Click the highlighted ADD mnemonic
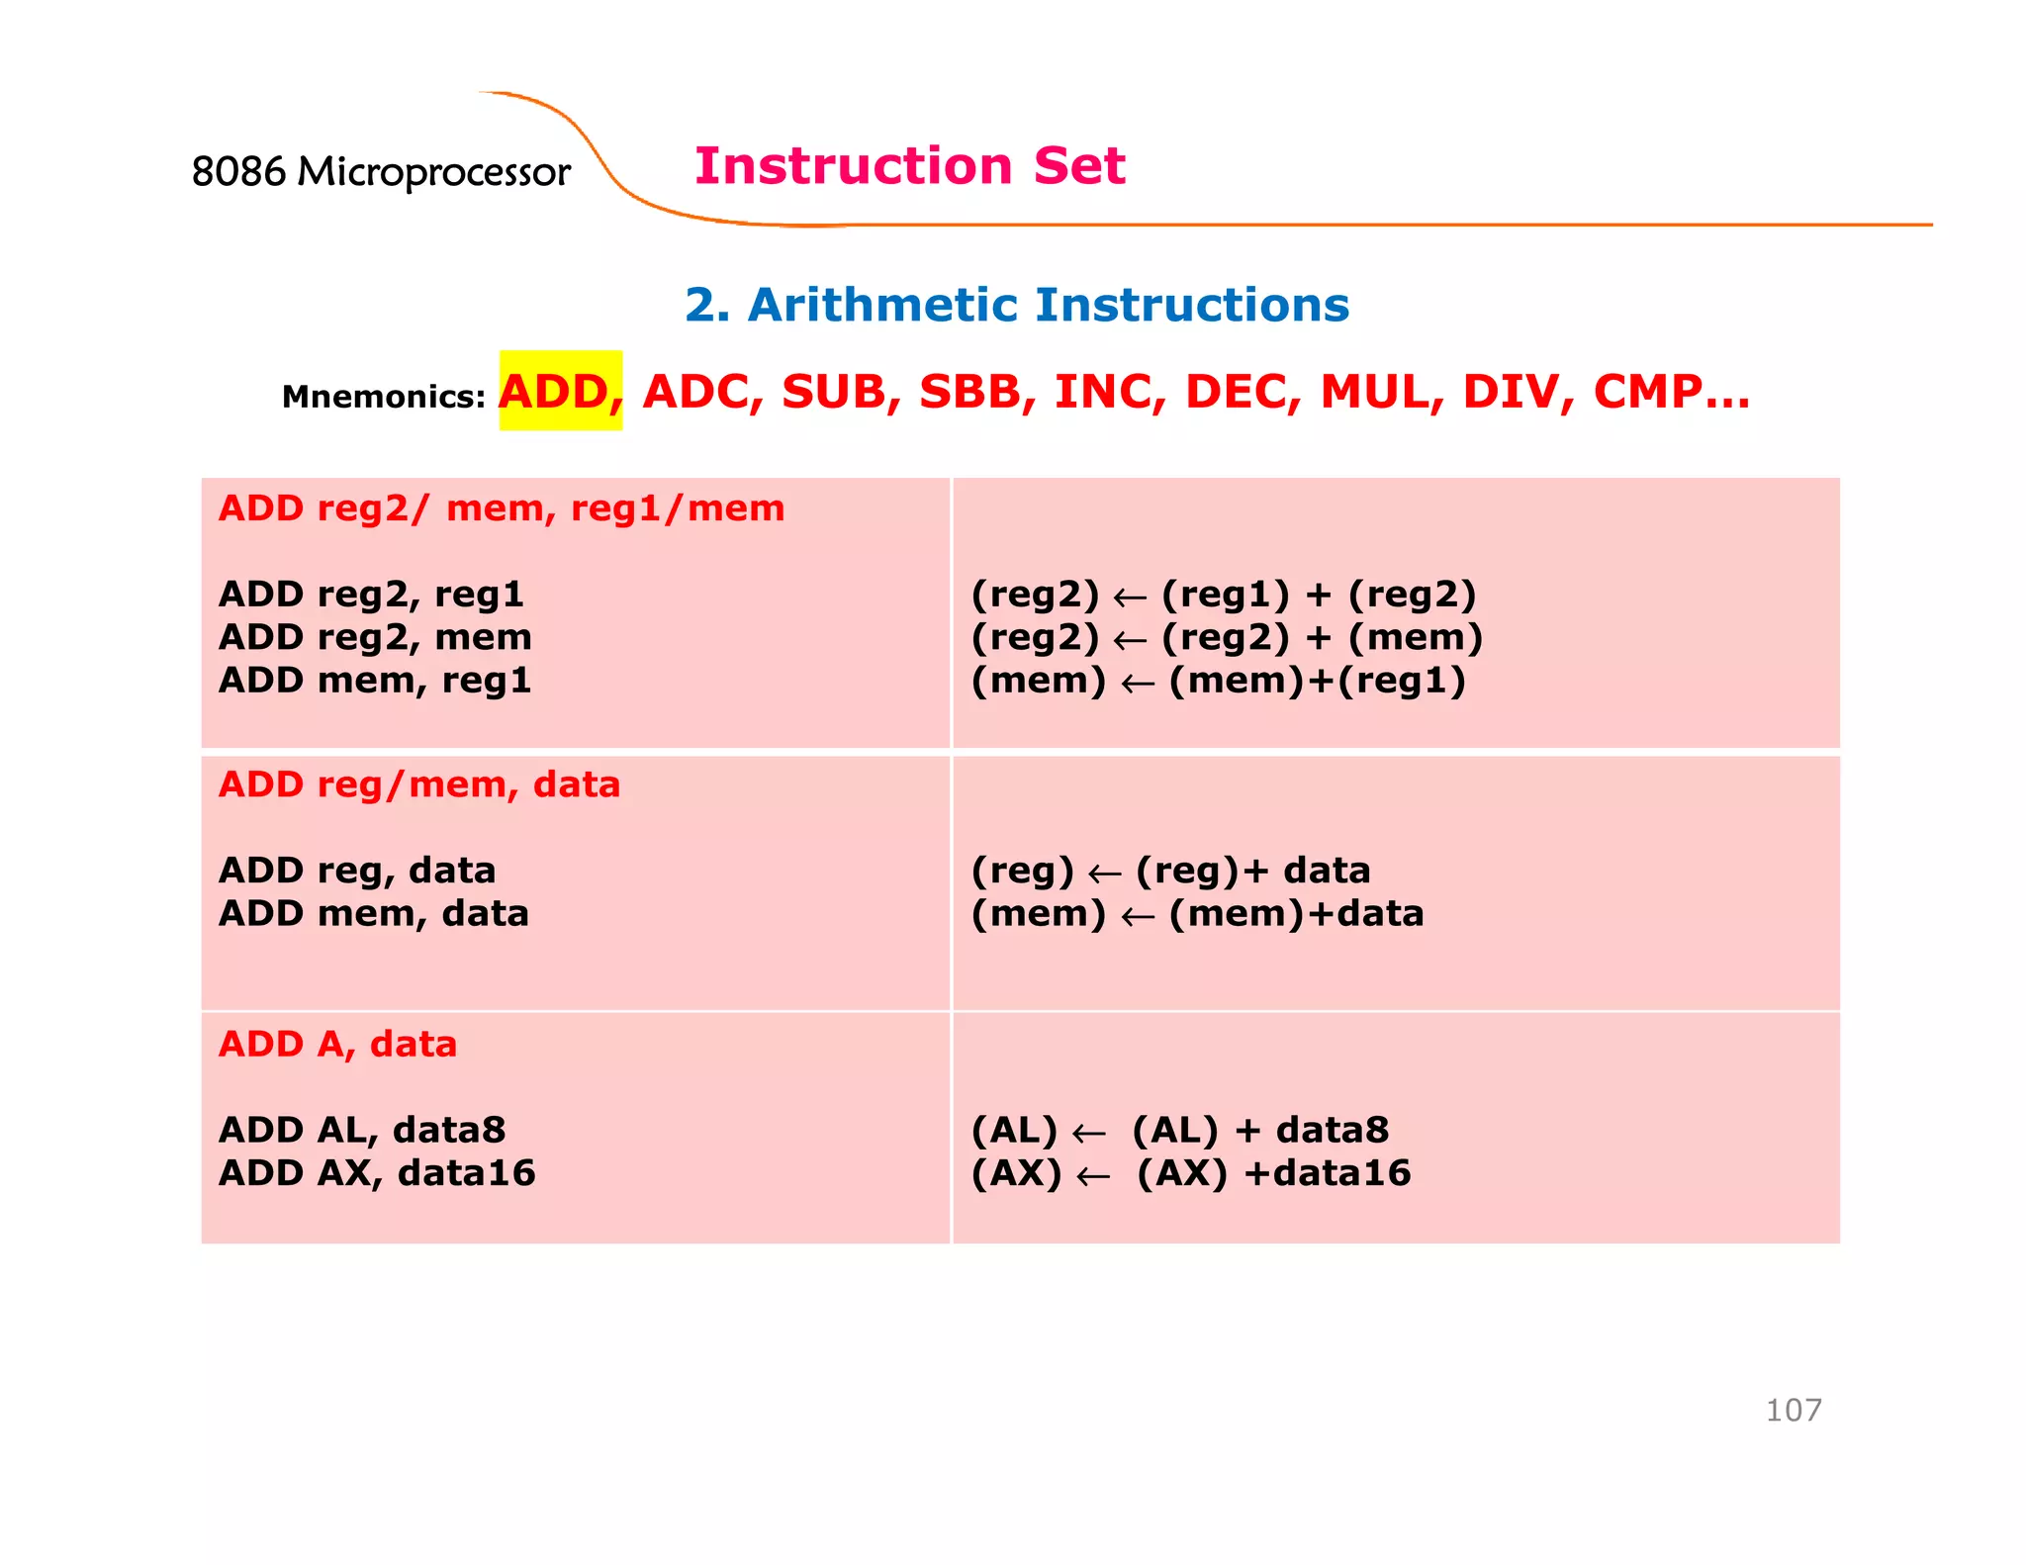point(560,392)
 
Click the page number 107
point(1793,1410)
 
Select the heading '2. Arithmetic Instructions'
point(1017,305)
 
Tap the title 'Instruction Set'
point(909,165)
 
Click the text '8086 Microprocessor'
point(381,172)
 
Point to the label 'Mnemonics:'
point(383,397)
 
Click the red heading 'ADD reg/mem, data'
point(419,784)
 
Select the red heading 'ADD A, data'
point(337,1045)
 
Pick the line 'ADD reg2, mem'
point(375,637)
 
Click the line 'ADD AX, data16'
point(377,1173)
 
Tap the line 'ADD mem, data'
point(374,913)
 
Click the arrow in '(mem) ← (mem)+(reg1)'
point(1138,683)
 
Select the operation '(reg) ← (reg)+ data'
point(1170,871)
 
